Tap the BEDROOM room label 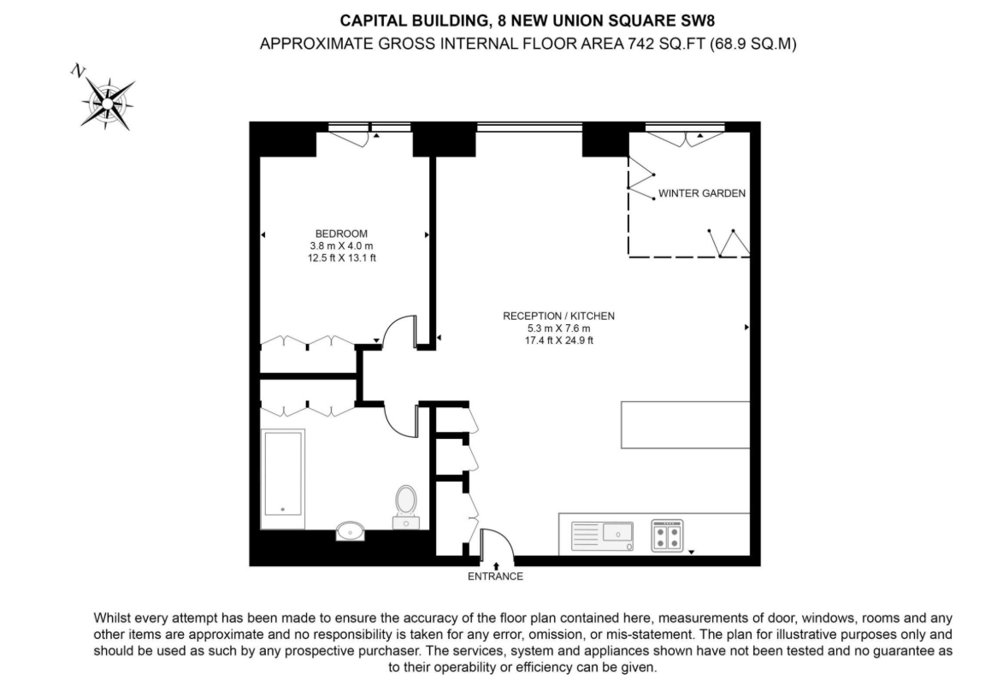point(341,234)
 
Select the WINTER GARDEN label point(701,193)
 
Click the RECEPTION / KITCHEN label point(558,316)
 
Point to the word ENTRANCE point(495,577)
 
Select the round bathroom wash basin point(350,532)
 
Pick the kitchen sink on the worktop point(616,533)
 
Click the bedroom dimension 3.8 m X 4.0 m point(341,245)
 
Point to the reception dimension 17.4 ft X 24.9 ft point(558,340)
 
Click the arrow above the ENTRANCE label point(496,565)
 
